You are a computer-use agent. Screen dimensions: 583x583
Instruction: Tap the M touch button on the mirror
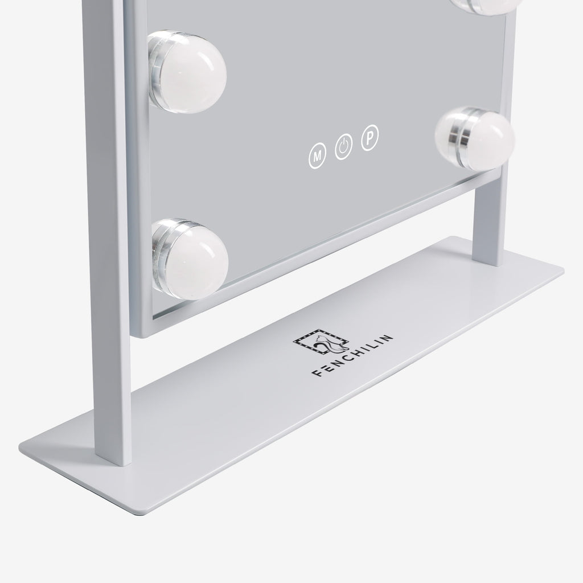pos(317,156)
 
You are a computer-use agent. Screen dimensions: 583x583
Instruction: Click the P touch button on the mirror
pos(370,138)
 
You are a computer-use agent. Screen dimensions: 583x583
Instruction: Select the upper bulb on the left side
pos(187,72)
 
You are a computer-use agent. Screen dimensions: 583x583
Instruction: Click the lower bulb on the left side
pos(190,259)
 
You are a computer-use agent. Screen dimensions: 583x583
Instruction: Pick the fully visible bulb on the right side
pos(475,138)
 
